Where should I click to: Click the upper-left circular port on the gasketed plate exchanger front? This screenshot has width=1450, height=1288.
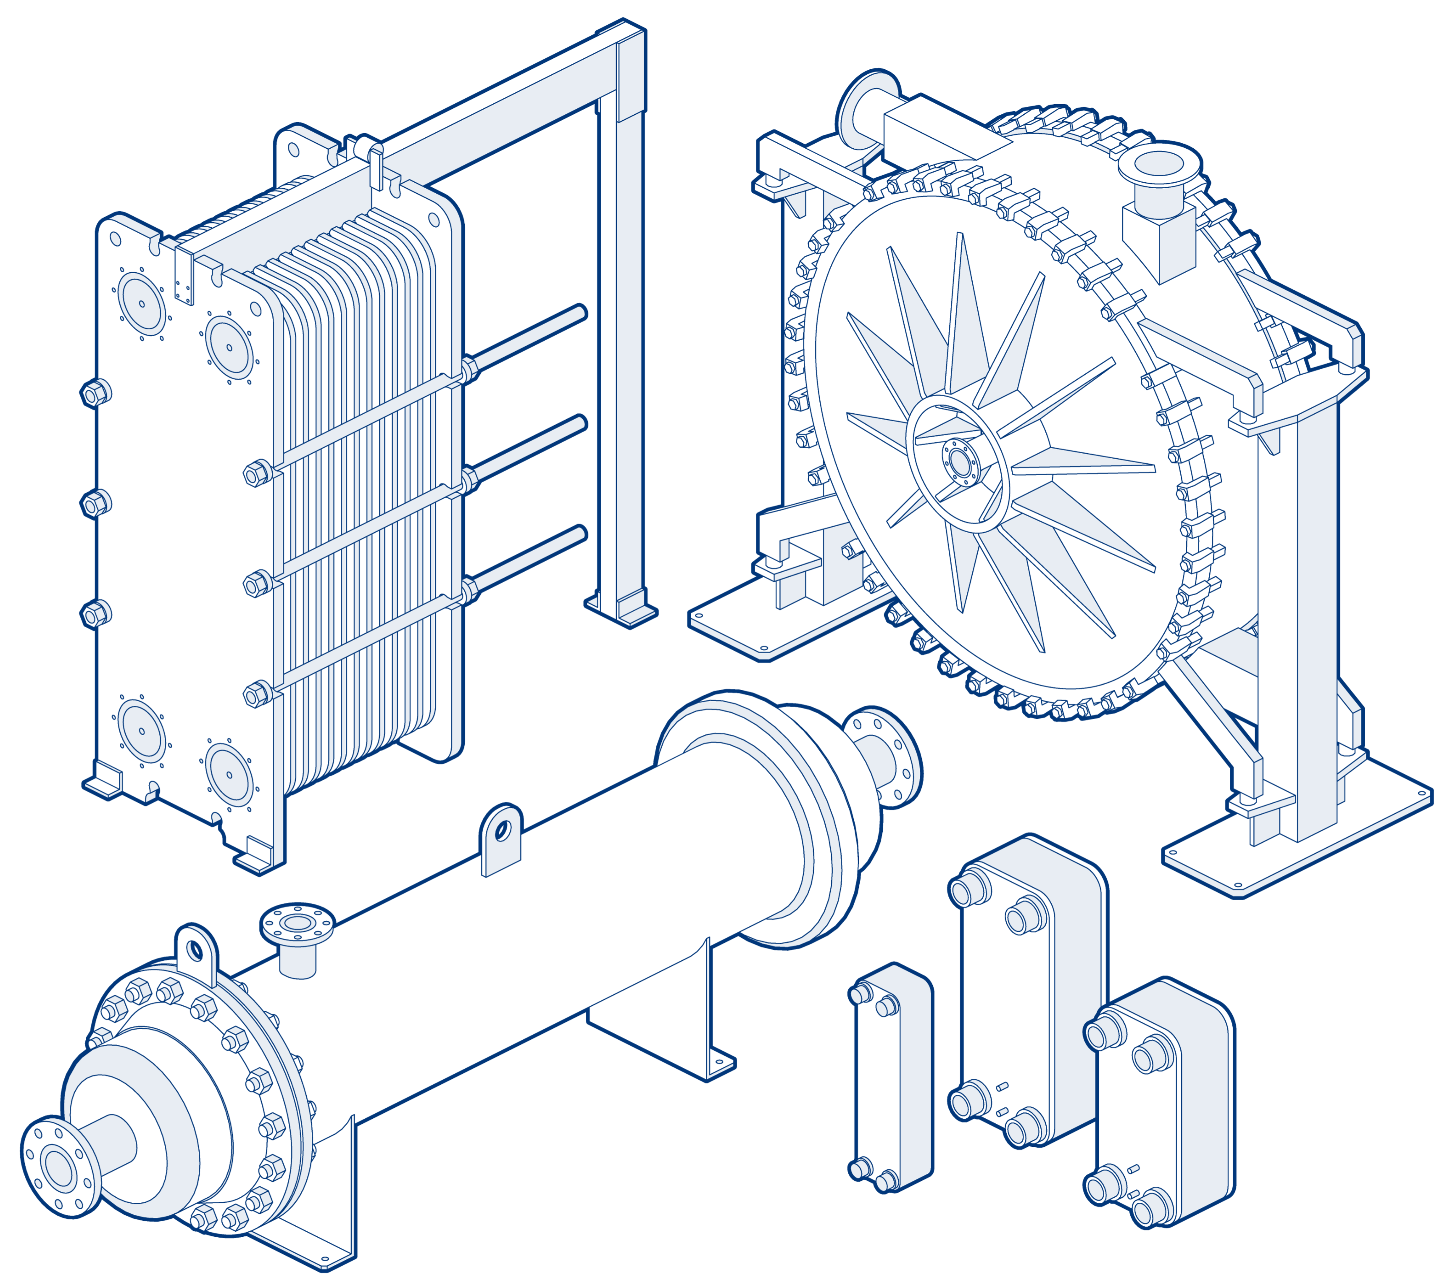point(142,304)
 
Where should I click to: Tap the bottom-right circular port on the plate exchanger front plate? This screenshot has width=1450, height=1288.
point(229,775)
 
